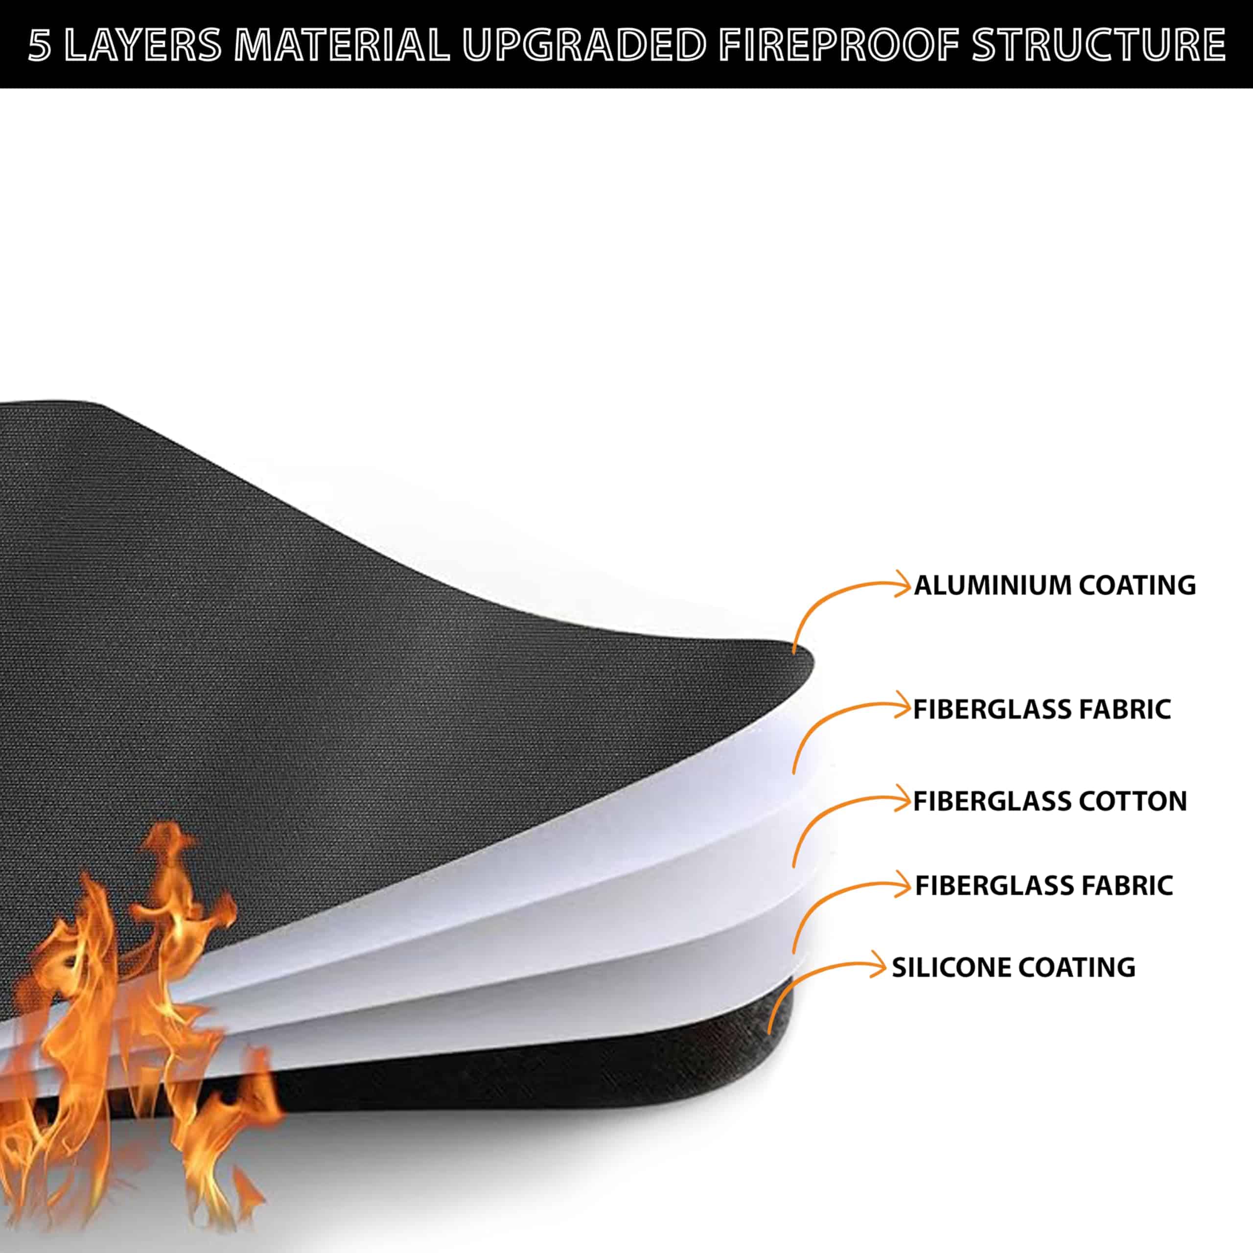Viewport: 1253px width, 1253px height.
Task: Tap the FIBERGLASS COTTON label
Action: click(1050, 802)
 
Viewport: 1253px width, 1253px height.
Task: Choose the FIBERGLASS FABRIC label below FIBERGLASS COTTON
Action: click(1044, 886)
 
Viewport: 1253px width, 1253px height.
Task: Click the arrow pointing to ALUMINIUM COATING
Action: click(843, 603)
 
